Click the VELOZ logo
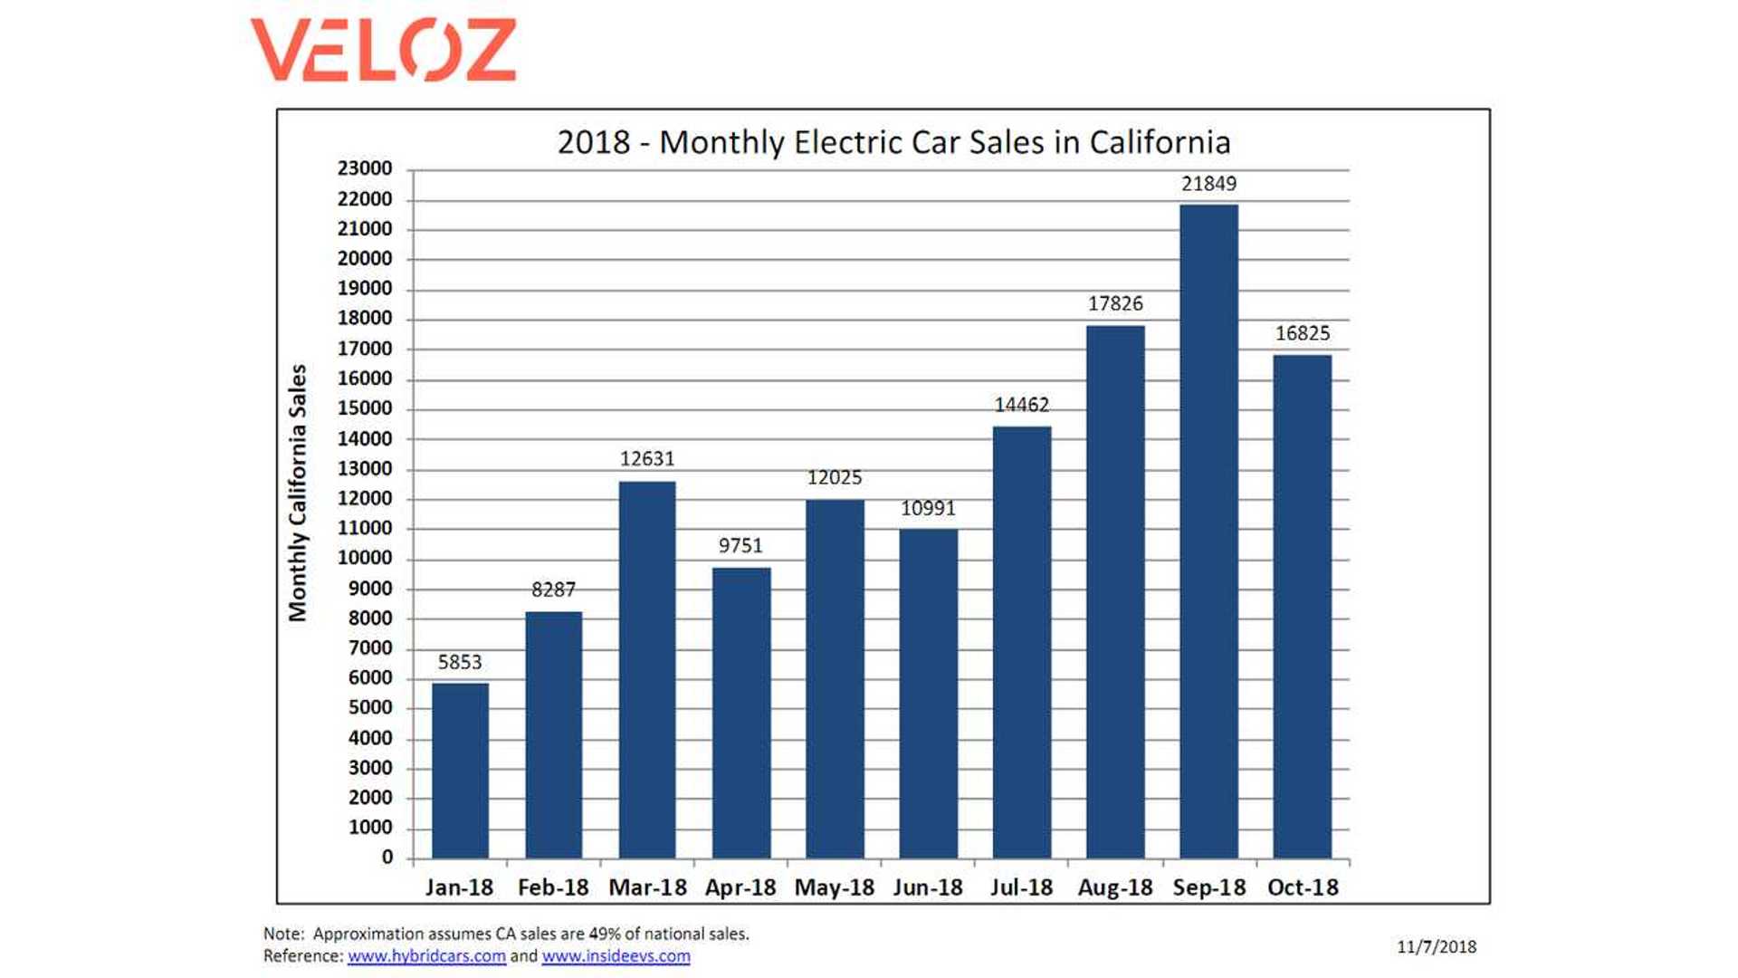coord(383,50)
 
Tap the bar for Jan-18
coord(460,771)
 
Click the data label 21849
coord(1208,184)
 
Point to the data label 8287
coord(553,590)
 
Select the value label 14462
coord(1021,405)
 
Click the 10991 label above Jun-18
coord(928,508)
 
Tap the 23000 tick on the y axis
coord(365,168)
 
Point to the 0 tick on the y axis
coord(387,857)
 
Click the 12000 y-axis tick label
coord(365,498)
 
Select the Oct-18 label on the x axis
coord(1302,887)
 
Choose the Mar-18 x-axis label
coord(647,887)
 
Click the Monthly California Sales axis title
coord(298,493)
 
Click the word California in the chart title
coord(1160,142)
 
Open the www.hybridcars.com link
coord(426,956)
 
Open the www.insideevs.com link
coord(616,956)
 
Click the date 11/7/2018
coord(1436,947)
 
